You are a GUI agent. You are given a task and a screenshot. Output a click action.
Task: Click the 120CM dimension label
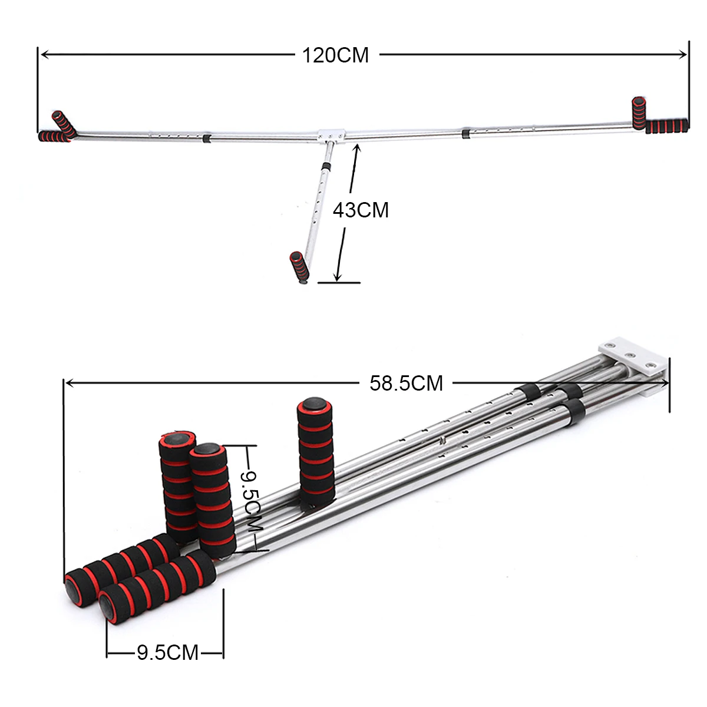pyautogui.click(x=335, y=55)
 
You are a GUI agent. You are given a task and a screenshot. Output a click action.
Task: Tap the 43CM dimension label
pyautogui.click(x=361, y=210)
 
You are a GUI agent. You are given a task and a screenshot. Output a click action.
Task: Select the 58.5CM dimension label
pyautogui.click(x=406, y=384)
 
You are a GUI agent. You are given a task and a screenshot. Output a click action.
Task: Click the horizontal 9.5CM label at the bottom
pyautogui.click(x=168, y=653)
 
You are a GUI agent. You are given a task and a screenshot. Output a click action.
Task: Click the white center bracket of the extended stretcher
pyautogui.click(x=332, y=134)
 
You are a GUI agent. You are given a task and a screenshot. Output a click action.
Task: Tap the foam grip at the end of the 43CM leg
pyautogui.click(x=299, y=266)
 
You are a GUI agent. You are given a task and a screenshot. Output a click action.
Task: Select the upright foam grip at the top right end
pyautogui.click(x=639, y=113)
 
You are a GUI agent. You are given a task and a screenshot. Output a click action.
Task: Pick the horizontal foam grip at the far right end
pyautogui.click(x=666, y=126)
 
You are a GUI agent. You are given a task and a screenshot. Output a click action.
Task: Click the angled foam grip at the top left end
pyautogui.click(x=64, y=124)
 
